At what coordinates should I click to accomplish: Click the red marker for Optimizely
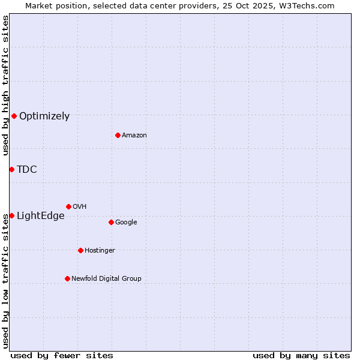pyautogui.click(x=14, y=116)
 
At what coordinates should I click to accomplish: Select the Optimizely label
pyautogui.click(x=44, y=116)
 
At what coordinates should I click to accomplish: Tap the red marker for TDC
pyautogui.click(x=11, y=169)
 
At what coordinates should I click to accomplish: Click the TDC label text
pyautogui.click(x=27, y=170)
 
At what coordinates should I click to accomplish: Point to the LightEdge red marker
pyautogui.click(x=11, y=215)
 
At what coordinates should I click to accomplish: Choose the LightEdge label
pyautogui.click(x=41, y=216)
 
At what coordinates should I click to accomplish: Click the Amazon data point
pyautogui.click(x=118, y=135)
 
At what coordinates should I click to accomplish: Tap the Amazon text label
pyautogui.click(x=134, y=136)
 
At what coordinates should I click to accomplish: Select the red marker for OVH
pyautogui.click(x=68, y=206)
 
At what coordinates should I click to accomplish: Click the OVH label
pyautogui.click(x=80, y=207)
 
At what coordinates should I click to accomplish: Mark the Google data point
pyautogui.click(x=111, y=222)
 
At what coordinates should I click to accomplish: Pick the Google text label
pyautogui.click(x=126, y=223)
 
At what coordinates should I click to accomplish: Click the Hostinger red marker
pyautogui.click(x=80, y=250)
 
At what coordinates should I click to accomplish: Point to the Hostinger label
pyautogui.click(x=100, y=251)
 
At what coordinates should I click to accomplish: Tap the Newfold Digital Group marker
pyautogui.click(x=67, y=278)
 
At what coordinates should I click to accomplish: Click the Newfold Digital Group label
pyautogui.click(x=106, y=279)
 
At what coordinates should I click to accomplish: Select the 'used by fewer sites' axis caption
pyautogui.click(x=62, y=356)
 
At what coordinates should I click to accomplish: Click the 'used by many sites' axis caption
pyautogui.click(x=301, y=356)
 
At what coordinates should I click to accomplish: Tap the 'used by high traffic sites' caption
pyautogui.click(x=6, y=85)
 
